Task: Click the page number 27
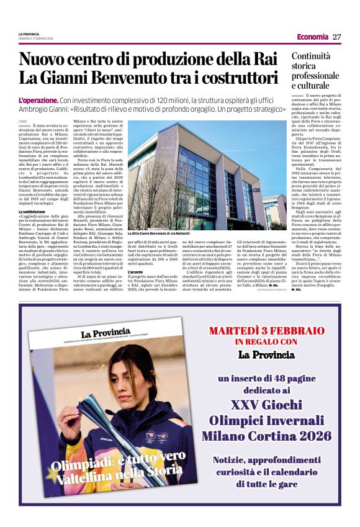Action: (x=336, y=37)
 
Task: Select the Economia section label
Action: (x=312, y=37)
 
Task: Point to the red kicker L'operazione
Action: (x=38, y=100)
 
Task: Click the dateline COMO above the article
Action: (x=22, y=121)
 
